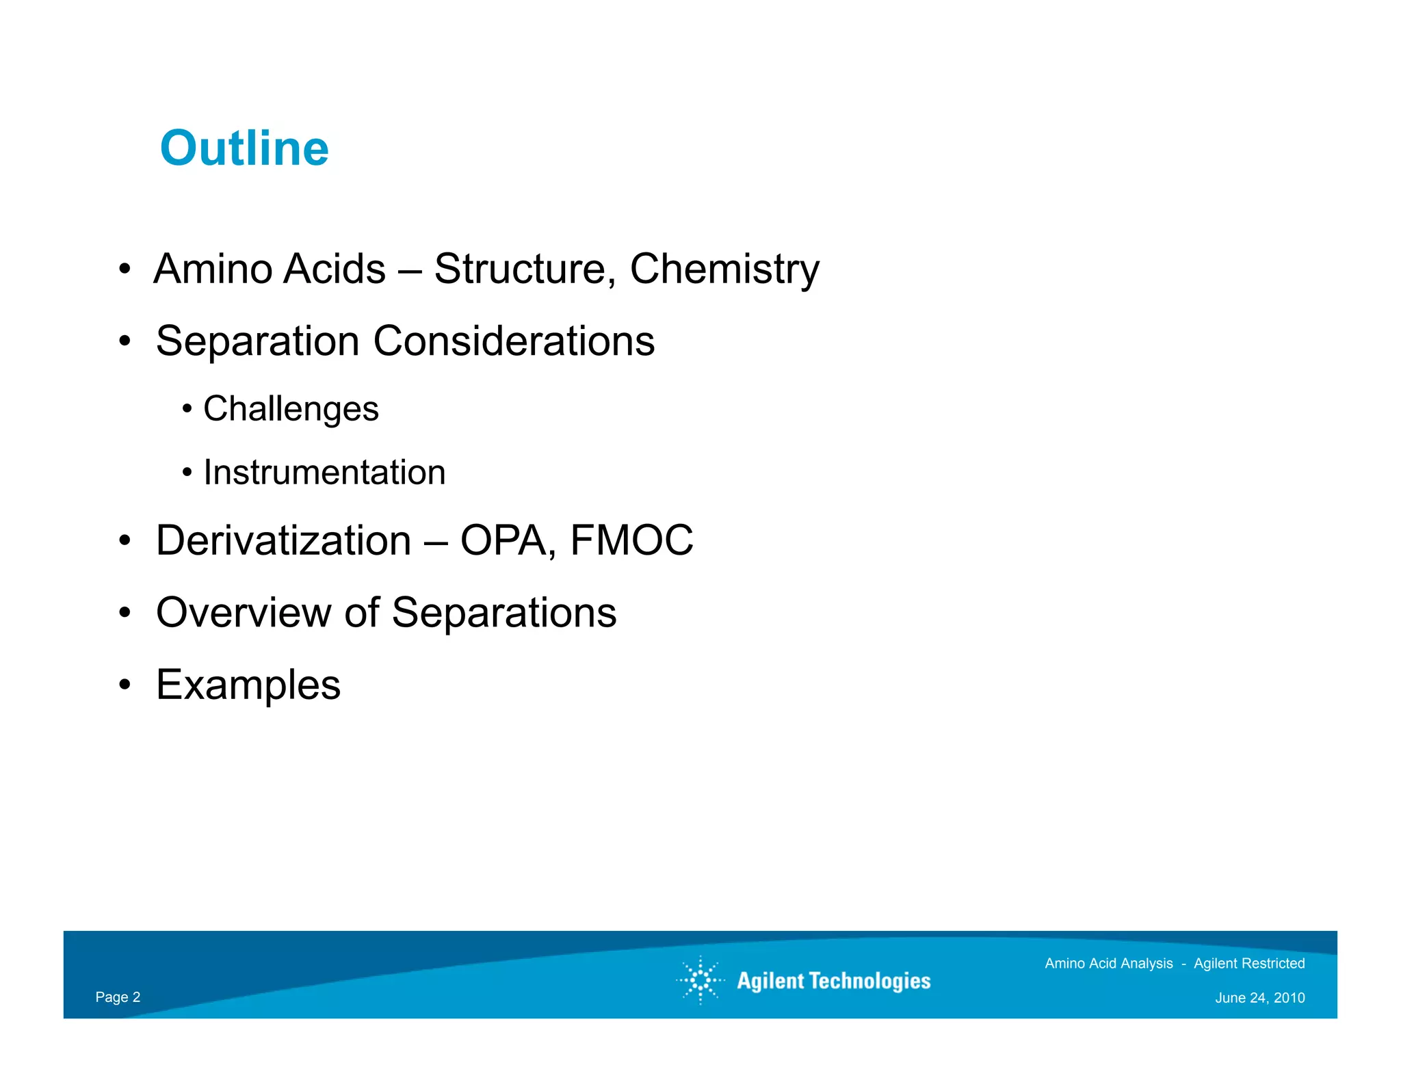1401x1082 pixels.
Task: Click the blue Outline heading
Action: point(244,148)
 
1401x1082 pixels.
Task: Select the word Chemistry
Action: point(724,269)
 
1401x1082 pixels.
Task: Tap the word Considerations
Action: point(514,341)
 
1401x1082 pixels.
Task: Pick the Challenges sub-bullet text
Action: point(291,409)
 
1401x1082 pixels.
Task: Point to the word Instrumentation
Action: point(324,473)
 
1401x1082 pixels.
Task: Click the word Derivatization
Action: point(283,540)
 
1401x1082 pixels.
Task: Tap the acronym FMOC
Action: point(631,540)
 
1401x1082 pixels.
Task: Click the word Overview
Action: point(244,612)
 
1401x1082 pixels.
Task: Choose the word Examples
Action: point(248,685)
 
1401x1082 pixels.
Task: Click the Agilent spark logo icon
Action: point(700,981)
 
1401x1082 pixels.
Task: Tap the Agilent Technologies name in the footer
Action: point(833,981)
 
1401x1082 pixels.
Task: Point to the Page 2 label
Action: point(118,997)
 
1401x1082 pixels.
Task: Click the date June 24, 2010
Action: point(1259,998)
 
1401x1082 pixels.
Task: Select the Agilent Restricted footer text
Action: point(1249,964)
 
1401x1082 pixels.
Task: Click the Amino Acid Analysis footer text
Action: point(1108,964)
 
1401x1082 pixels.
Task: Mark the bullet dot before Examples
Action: point(124,685)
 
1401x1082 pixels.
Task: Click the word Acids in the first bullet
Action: point(335,269)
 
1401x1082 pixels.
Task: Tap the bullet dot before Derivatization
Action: point(124,540)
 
